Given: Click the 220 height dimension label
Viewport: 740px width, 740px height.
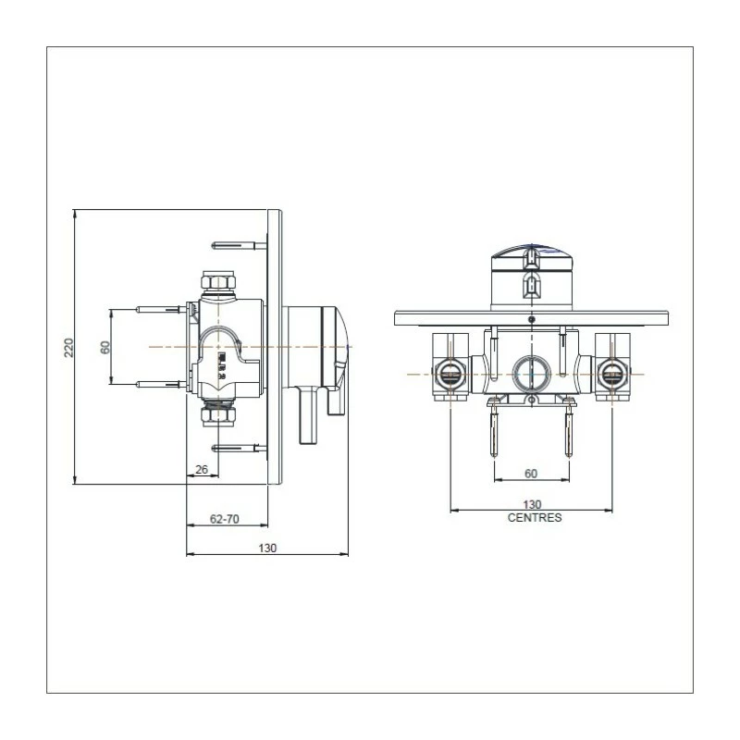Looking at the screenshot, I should point(68,347).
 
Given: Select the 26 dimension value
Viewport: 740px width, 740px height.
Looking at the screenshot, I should point(202,469).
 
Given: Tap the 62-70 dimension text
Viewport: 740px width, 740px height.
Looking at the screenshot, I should point(224,520).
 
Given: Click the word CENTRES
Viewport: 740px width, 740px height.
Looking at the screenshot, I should point(535,518).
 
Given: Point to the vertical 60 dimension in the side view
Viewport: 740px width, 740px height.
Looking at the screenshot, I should point(105,347).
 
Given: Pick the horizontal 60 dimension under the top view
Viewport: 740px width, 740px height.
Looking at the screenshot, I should point(530,474).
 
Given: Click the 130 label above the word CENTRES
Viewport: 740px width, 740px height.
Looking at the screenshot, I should point(532,504).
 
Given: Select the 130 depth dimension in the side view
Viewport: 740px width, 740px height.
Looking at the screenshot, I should point(266,548).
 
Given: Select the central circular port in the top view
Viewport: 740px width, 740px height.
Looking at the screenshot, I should point(530,373).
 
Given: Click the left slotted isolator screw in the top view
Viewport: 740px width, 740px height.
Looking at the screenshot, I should point(448,374).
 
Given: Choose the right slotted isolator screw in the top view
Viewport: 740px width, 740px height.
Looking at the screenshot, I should point(611,374).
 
